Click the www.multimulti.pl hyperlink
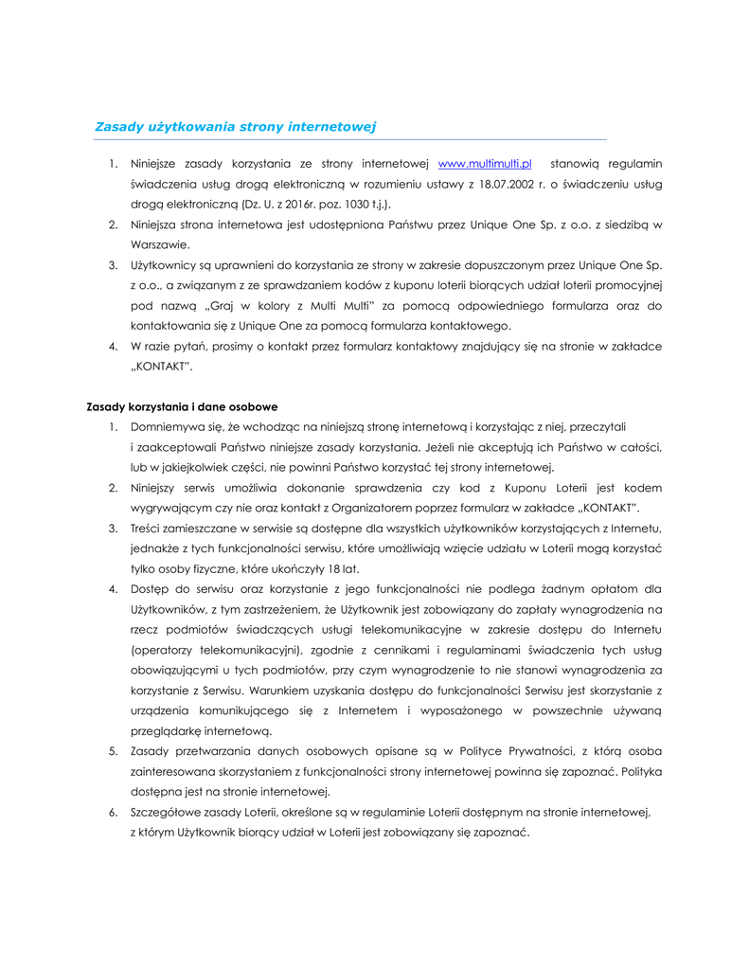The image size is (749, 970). coord(485,164)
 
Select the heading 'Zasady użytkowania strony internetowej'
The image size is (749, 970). coord(236,126)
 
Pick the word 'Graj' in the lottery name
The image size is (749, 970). coord(219,305)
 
